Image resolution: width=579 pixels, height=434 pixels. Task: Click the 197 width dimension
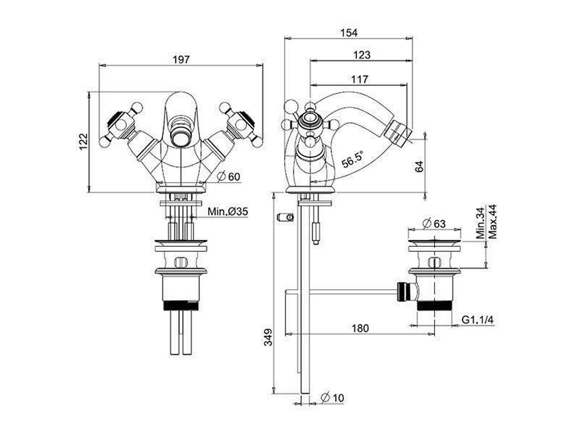(x=181, y=59)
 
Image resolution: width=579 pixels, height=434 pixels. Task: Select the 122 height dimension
(x=83, y=141)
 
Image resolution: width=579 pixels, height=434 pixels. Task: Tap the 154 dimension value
(x=349, y=33)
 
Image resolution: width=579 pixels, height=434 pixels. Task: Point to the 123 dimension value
(x=362, y=55)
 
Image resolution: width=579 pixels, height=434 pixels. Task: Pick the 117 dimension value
(x=359, y=79)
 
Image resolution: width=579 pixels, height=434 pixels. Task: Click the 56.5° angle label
(x=353, y=160)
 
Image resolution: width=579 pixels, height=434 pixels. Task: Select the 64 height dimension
(x=419, y=167)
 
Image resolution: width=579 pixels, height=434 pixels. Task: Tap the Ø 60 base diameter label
(x=229, y=177)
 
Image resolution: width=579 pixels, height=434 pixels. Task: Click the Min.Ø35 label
(x=228, y=212)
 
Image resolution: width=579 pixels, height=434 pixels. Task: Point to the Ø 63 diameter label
(x=434, y=224)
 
